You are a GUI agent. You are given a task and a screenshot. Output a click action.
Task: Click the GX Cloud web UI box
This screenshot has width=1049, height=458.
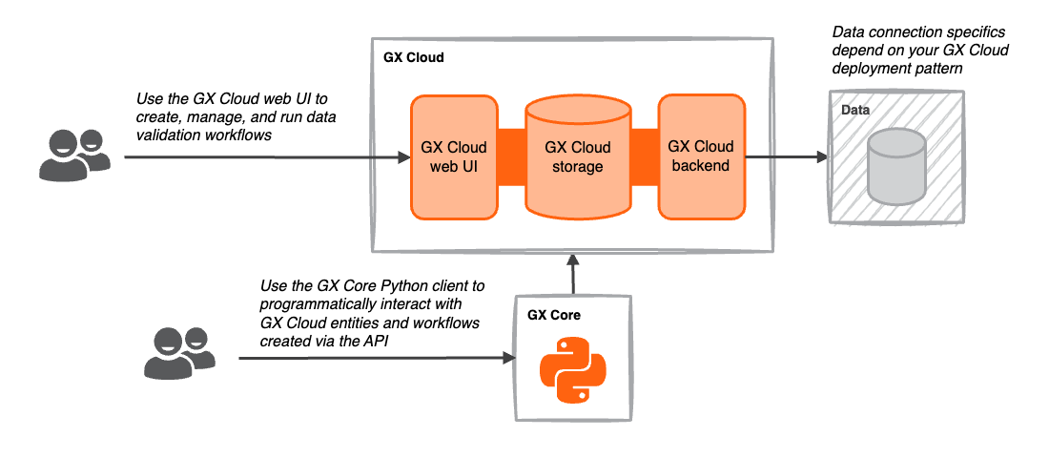[454, 156]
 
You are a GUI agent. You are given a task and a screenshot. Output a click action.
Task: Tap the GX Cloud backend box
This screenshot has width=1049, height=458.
[701, 156]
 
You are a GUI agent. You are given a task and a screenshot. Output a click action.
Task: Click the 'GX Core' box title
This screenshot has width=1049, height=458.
[554, 314]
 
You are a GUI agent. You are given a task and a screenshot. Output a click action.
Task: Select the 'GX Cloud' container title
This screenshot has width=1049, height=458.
[414, 58]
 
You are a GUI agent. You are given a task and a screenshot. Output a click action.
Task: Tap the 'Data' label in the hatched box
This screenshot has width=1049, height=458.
[855, 111]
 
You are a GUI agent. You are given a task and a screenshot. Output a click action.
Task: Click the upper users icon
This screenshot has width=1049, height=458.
[72, 155]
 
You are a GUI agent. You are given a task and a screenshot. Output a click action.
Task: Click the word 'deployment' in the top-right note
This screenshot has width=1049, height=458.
[872, 69]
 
